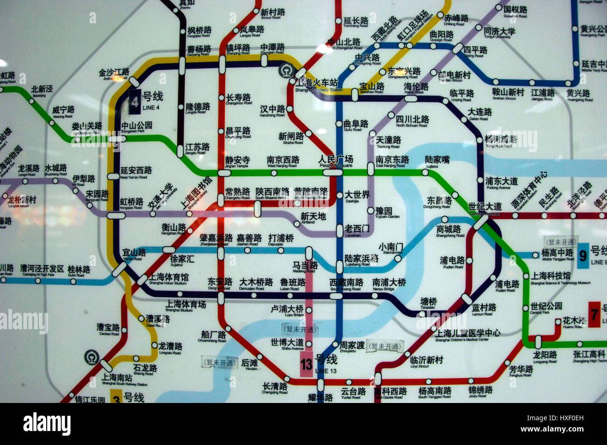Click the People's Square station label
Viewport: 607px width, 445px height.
336,161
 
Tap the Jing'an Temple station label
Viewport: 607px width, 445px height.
237,162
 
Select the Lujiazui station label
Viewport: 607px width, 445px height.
437,161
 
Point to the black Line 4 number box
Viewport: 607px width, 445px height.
134,102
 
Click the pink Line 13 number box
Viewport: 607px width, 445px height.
306,364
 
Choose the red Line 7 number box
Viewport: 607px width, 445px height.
594,315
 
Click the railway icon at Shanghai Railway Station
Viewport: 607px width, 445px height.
285,71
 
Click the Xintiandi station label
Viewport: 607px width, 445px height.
313,218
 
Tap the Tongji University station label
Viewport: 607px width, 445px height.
500,33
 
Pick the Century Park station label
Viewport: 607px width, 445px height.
546,308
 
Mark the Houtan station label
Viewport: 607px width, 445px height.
250,364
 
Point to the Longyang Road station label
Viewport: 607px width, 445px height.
545,357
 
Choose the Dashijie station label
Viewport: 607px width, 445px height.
357,197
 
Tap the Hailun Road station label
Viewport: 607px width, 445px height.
416,88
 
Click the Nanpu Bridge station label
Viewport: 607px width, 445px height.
389,284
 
